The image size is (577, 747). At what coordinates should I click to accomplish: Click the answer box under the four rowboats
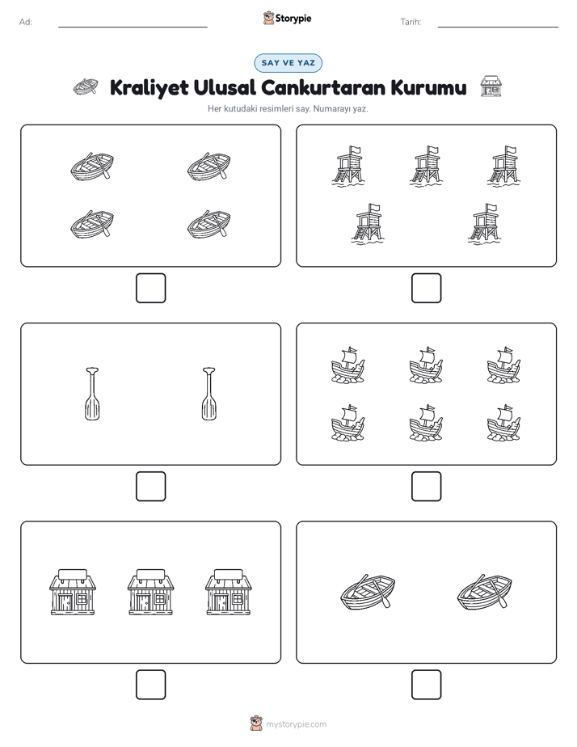pyautogui.click(x=150, y=288)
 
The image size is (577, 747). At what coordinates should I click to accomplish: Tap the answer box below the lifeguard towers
pyautogui.click(x=426, y=288)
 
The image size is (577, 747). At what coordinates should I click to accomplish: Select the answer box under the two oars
pyautogui.click(x=150, y=486)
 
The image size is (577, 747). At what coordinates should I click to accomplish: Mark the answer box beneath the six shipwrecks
pyautogui.click(x=426, y=486)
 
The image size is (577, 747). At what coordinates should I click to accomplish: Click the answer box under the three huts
pyautogui.click(x=150, y=684)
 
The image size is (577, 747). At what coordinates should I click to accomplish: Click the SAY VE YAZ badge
pyautogui.click(x=288, y=63)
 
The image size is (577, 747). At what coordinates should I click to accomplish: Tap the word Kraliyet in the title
pyautogui.click(x=149, y=88)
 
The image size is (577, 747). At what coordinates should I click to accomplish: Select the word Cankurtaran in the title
pyautogui.click(x=322, y=87)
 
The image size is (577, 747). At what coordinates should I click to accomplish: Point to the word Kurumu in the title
pyautogui.click(x=428, y=87)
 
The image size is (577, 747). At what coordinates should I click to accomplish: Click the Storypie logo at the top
pyautogui.click(x=287, y=18)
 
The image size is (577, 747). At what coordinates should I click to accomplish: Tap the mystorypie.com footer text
pyautogui.click(x=296, y=724)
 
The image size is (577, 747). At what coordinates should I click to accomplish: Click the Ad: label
pyautogui.click(x=26, y=22)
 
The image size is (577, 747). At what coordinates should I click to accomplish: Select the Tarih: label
pyautogui.click(x=411, y=22)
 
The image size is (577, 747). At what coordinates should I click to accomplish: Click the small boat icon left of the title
pyautogui.click(x=86, y=87)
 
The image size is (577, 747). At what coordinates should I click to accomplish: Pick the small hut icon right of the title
pyautogui.click(x=491, y=87)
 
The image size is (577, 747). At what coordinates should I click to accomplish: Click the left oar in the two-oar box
pyautogui.click(x=92, y=394)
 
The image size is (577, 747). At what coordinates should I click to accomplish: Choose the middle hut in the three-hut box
pyautogui.click(x=150, y=591)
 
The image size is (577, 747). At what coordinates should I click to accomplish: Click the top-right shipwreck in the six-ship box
pyautogui.click(x=503, y=365)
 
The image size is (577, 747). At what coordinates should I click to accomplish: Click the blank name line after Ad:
pyautogui.click(x=133, y=27)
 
